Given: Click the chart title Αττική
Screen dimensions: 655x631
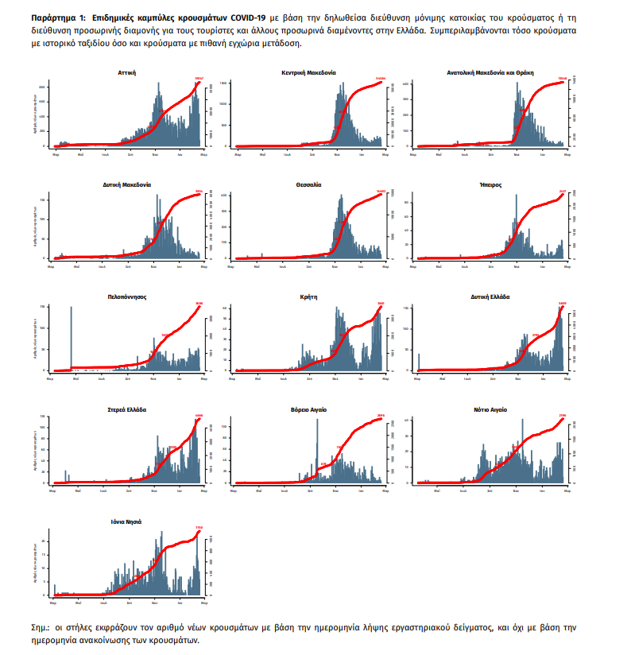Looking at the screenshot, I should click(126, 72).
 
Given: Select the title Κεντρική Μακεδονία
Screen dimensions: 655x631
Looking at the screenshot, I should click(308, 72).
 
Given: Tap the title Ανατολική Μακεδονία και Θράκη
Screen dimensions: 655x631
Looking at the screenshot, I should click(490, 72).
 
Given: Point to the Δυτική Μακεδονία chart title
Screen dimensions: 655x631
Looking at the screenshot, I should click(127, 184).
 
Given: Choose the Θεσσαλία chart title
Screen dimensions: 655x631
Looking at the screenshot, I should click(308, 184).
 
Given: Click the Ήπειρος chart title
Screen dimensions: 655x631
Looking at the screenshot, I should click(490, 184).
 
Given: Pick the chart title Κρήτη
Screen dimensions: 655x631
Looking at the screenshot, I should click(308, 296).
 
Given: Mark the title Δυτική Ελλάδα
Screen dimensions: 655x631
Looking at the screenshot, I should click(490, 296).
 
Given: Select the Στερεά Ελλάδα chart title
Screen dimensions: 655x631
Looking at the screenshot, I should click(126, 409).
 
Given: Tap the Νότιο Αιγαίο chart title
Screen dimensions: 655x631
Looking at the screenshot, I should click(490, 409).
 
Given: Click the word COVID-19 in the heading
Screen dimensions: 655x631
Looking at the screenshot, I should click(243, 16).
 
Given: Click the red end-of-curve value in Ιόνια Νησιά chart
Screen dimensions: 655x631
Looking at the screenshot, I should click(199, 527).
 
